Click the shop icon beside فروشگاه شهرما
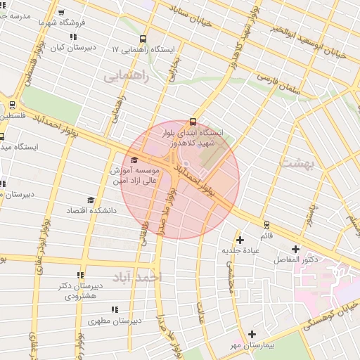pos(63,12)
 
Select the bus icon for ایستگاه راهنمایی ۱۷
pos(143,39)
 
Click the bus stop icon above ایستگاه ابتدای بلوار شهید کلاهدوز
pos(193,122)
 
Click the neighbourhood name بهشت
pos(295,163)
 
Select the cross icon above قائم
pos(241,238)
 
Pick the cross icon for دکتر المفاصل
pos(295,248)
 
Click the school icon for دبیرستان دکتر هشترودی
pos(81,275)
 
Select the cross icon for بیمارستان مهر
pos(252,335)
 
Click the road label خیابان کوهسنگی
pos(330,314)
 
